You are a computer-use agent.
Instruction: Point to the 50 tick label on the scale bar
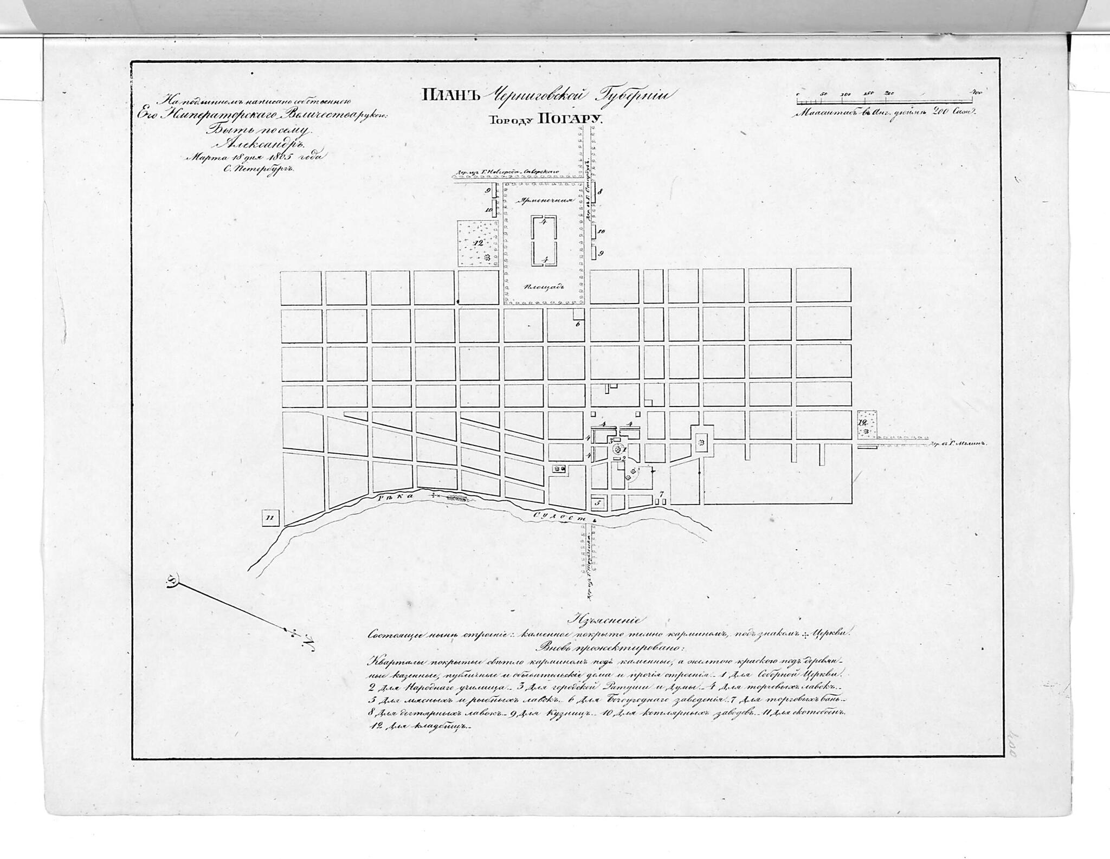823,94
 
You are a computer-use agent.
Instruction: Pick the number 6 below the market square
578,324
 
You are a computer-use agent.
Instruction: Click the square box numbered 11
270,518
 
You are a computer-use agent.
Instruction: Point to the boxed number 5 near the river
598,503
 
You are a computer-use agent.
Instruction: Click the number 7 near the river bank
661,494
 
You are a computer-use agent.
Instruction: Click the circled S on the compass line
173,582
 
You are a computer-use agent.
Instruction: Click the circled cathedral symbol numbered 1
617,449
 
